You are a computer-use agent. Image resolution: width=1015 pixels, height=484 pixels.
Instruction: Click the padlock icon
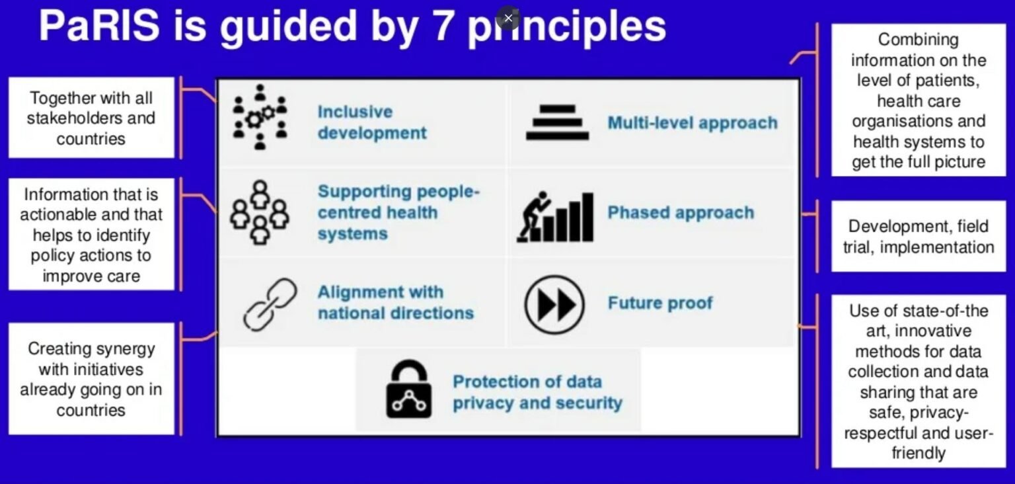tap(409, 389)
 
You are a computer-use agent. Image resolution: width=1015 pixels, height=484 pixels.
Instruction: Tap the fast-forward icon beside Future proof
tap(554, 305)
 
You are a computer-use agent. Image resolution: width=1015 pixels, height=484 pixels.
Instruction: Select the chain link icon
tap(270, 304)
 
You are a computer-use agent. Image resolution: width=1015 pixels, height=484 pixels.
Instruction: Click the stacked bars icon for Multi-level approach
tap(557, 122)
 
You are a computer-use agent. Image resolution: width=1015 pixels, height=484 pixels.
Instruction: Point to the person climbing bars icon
tap(555, 217)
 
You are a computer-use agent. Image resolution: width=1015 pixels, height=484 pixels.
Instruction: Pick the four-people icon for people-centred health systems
tap(260, 212)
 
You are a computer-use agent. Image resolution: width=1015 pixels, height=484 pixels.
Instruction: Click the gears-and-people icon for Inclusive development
tap(260, 117)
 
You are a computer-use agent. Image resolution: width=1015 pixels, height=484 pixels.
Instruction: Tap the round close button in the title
tap(508, 18)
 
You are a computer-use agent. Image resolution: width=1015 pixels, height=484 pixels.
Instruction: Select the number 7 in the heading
tap(443, 26)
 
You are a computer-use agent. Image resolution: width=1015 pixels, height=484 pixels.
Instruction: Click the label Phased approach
tap(681, 212)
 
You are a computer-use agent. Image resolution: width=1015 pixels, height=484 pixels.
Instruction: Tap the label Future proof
tap(660, 303)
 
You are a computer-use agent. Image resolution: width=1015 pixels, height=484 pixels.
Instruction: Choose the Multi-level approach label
tap(693, 122)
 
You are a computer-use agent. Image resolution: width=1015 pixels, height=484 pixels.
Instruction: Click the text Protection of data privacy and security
tap(537, 393)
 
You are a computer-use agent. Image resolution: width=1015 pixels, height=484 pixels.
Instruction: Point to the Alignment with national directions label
tap(396, 302)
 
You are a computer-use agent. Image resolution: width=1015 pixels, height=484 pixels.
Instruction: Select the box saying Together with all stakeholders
tap(92, 118)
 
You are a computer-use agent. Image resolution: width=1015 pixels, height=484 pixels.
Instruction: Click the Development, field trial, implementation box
tap(919, 236)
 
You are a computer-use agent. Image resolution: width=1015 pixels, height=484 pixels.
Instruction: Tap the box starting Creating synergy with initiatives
tap(92, 379)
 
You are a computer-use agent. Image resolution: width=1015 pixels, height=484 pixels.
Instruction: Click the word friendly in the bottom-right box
tap(919, 453)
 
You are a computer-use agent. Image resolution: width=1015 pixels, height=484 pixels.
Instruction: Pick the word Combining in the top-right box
tap(919, 40)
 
